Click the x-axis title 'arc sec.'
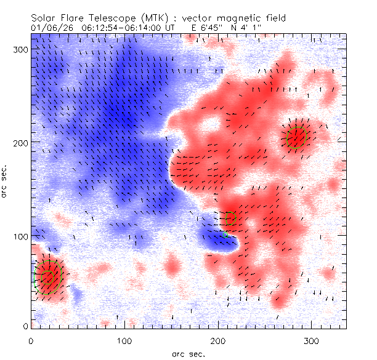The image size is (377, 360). [188, 354]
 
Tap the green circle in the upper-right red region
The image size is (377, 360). [297, 137]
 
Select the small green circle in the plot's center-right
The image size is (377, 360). [230, 218]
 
